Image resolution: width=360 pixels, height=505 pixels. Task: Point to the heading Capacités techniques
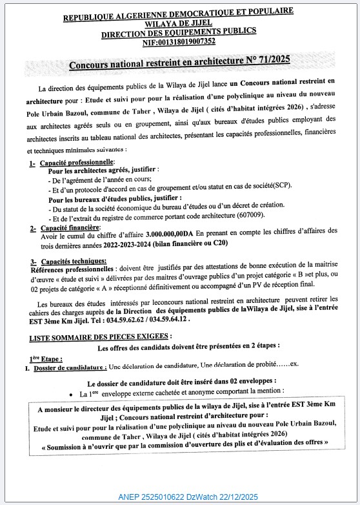click(69, 260)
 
